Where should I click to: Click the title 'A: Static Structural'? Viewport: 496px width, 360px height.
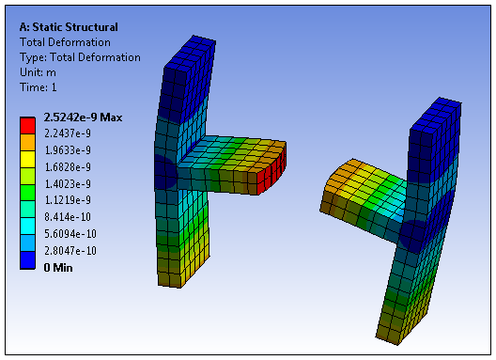point(69,27)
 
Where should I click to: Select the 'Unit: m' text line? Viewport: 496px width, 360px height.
point(38,72)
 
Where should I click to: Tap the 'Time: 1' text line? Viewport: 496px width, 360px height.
point(39,87)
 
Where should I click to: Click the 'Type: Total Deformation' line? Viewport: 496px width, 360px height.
point(80,57)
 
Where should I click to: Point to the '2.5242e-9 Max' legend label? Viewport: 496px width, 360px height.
point(83,117)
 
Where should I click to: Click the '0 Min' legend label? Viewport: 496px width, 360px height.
point(58,268)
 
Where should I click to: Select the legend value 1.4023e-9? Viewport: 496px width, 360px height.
point(68,184)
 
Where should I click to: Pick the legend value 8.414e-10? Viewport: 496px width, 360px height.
point(68,217)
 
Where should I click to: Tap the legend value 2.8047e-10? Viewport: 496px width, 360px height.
point(70,251)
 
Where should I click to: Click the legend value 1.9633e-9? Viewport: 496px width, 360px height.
point(68,150)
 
